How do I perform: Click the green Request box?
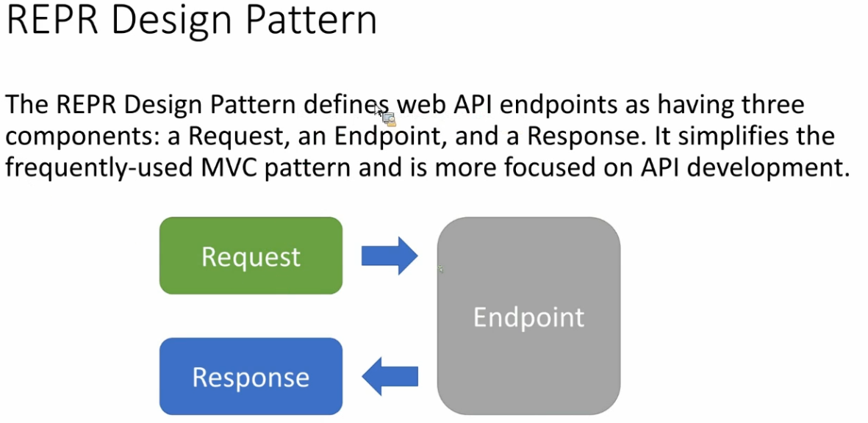(x=251, y=256)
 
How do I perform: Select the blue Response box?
(x=251, y=376)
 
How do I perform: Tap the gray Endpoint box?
(x=528, y=316)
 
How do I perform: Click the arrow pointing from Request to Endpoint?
(x=390, y=256)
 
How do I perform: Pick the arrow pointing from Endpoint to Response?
(x=390, y=377)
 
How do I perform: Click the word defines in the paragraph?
(x=347, y=105)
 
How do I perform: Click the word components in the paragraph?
(x=82, y=136)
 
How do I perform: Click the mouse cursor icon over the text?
(x=384, y=115)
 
